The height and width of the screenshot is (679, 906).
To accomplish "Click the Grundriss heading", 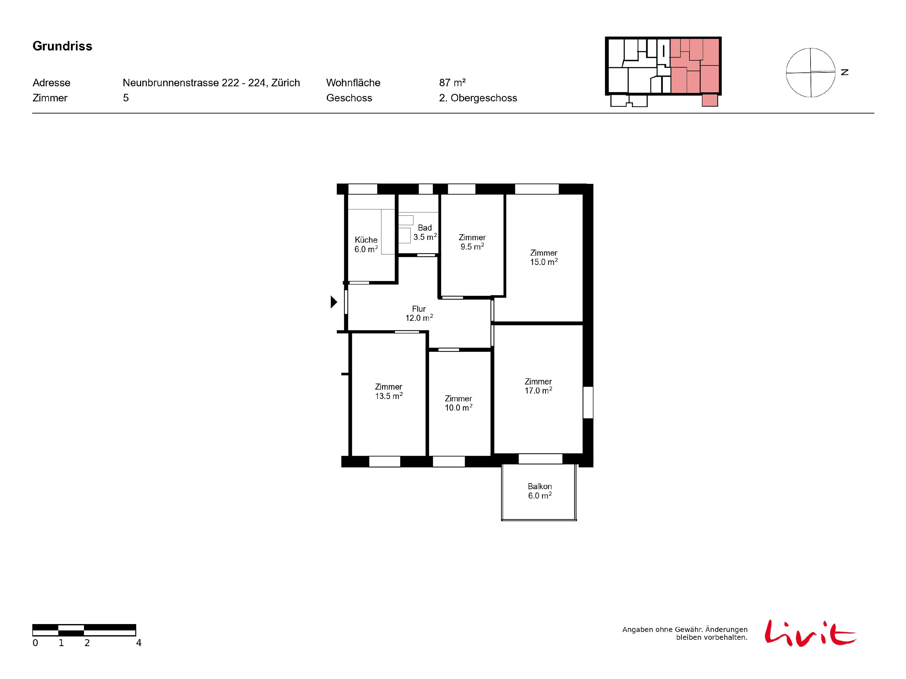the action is pos(62,46).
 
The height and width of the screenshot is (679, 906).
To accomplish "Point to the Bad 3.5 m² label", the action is pos(425,232).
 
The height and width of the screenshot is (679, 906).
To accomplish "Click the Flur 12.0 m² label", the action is pos(419,313).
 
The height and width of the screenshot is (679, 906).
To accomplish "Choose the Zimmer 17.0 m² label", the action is pos(538,386).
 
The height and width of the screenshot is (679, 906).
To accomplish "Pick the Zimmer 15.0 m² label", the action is pos(544,257).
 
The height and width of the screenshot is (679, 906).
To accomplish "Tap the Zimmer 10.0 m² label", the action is pos(458,403).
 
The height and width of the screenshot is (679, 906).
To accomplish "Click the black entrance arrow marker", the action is pos(334,302).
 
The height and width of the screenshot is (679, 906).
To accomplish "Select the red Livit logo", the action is pos(810,633).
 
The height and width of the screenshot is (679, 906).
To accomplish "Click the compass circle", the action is pos(811,72).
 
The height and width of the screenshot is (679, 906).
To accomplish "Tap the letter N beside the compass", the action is pos(845,72).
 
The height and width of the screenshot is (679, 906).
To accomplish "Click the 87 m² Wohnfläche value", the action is pos(452,83).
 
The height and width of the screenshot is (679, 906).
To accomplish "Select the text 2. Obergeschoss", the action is pos(478,98).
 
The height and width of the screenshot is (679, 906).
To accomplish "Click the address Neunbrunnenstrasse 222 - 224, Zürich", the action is pos(211,83).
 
